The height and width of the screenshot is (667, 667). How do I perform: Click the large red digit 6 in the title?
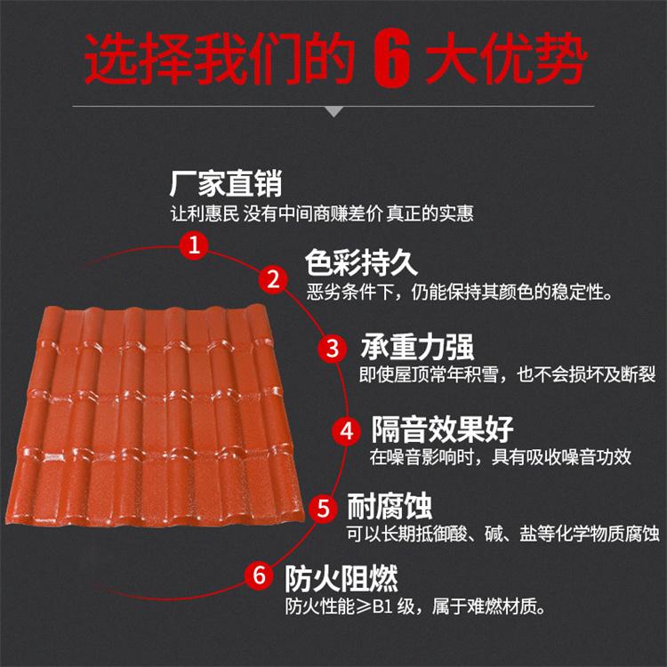tap(391, 59)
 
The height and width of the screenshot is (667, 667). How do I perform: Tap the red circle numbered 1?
tap(194, 245)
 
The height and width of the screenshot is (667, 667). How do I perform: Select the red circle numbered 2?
tap(273, 279)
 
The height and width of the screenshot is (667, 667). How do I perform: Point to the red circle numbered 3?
tap(333, 348)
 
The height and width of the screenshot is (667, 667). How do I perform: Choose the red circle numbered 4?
tap(347, 431)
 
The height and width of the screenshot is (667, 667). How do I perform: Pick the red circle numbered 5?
tap(324, 508)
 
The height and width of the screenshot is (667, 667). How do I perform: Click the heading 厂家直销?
tap(226, 183)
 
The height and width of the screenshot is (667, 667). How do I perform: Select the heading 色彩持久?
tap(361, 262)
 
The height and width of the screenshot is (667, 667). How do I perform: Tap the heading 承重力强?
tap(417, 347)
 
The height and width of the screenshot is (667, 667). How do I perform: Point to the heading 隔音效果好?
tap(442, 430)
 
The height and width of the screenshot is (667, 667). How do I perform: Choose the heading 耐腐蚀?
tap(390, 506)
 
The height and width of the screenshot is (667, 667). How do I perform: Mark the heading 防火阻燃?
tap(342, 579)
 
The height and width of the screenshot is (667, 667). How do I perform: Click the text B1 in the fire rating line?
tap(382, 607)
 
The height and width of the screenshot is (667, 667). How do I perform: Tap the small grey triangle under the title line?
tap(333, 112)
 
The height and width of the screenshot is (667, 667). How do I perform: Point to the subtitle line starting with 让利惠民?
tap(322, 213)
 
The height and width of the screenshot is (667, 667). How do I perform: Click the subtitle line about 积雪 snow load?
tap(508, 374)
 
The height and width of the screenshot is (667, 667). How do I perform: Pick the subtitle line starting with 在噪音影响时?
tap(500, 457)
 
